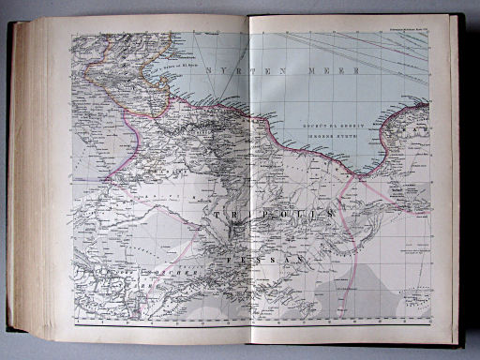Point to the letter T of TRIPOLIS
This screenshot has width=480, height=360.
(217, 216)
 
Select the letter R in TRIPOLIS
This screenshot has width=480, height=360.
(232, 216)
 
